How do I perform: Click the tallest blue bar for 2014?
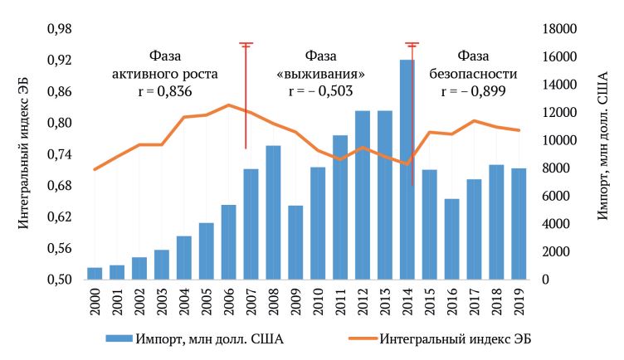pyautogui.click(x=407, y=170)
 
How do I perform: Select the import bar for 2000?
pyautogui.click(x=95, y=274)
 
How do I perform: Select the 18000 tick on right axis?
pyautogui.click(x=557, y=29)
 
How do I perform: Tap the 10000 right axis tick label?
pyautogui.click(x=557, y=140)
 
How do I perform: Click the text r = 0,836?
pyautogui.click(x=164, y=91)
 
